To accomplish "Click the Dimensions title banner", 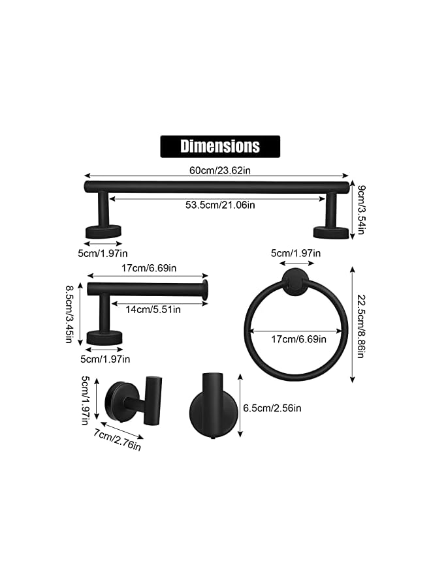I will coord(220,146).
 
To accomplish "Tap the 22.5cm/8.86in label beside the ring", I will coord(359,324).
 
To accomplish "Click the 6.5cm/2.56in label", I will coord(272,408).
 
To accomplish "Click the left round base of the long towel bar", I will coord(103,231).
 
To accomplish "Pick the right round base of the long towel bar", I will coord(331,232).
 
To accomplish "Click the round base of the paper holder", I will coord(104,337).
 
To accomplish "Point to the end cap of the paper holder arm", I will coord(206,290).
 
